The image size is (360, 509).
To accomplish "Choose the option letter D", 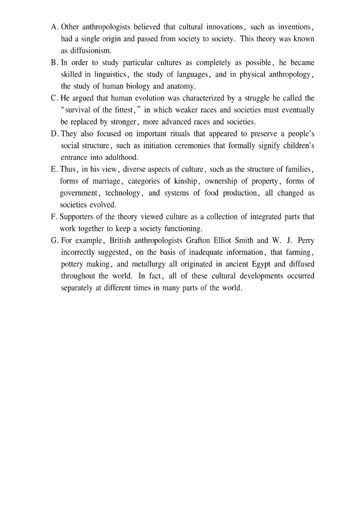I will tap(54, 134).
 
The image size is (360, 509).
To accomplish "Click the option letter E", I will tap(54, 169).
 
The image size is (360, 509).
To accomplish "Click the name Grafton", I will tap(198, 240).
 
